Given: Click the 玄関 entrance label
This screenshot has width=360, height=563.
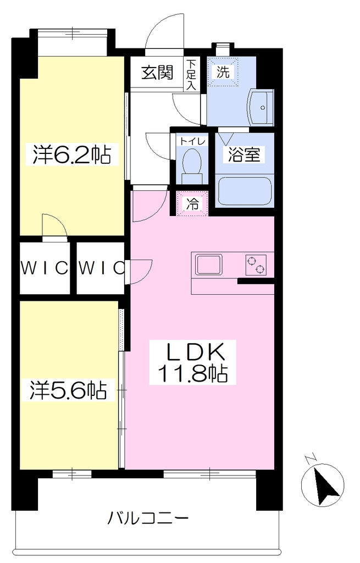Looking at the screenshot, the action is tap(157, 73).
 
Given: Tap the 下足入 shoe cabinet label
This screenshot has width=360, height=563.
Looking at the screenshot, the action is tap(192, 75).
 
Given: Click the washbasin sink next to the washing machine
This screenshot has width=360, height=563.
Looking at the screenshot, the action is tap(260, 107).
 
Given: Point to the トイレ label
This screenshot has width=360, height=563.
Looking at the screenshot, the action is tap(192, 141).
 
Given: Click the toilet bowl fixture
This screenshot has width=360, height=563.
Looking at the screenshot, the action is tap(192, 165).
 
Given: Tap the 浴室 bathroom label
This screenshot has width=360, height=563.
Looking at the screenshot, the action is tap(244, 154).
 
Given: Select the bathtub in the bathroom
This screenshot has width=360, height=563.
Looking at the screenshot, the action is tap(244, 191).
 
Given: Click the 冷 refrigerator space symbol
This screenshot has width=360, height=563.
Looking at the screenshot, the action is tap(192, 203).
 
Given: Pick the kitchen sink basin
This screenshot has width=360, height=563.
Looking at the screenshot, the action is tap(208, 264).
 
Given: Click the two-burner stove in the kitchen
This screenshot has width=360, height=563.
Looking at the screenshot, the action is tap(256, 265).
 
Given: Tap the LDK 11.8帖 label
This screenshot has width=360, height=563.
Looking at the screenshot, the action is tap(193, 363).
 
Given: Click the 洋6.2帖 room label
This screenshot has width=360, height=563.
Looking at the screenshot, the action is tap(72, 154).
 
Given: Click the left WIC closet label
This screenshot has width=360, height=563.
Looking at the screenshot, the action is tap(44, 268).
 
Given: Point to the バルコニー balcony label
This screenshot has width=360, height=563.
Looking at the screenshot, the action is tap(148, 518).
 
